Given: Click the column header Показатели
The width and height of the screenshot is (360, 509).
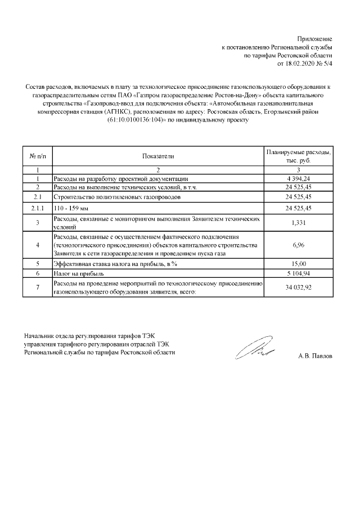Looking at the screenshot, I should coord(159,156).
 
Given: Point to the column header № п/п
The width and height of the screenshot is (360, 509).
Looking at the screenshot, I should coord(37,156).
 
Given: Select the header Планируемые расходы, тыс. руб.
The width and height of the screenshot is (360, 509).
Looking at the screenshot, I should coord(298,156).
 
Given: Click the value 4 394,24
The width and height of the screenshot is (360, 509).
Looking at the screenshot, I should coord(298,178).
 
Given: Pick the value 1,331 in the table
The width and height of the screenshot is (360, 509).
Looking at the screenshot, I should coord(298,223).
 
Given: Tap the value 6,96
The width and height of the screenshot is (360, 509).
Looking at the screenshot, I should coord(298,246).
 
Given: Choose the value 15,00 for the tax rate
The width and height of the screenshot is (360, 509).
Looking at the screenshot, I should coord(298,263).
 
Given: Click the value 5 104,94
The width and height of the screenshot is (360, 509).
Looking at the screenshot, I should coord(298,273).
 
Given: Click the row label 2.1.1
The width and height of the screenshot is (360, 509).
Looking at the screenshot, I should coord(37,208).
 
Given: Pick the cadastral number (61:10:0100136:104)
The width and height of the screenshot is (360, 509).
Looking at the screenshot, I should coord(132,120).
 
